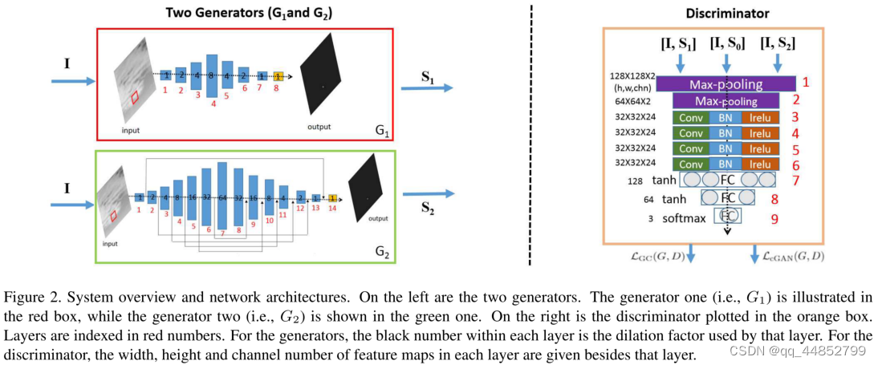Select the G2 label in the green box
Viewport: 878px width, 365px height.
tap(382, 254)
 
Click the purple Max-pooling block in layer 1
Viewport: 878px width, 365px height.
tap(726, 83)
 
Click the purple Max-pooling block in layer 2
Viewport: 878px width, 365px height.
tap(726, 101)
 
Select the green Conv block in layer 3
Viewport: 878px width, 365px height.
tap(690, 117)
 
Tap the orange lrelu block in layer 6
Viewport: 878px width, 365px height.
tap(760, 164)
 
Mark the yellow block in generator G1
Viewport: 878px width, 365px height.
tap(278, 75)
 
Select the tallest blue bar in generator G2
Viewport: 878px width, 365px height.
tap(223, 197)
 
